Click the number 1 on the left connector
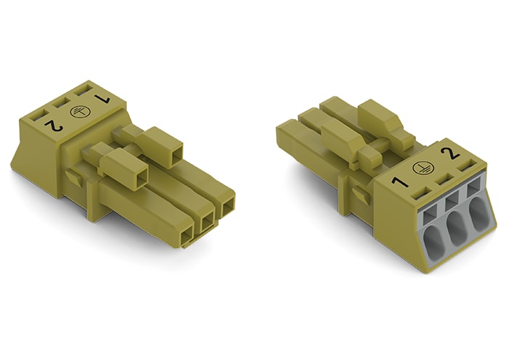[x=102, y=98]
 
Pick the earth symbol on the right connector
[x=423, y=166]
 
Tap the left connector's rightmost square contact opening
[x=227, y=205]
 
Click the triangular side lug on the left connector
[x=74, y=178]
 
